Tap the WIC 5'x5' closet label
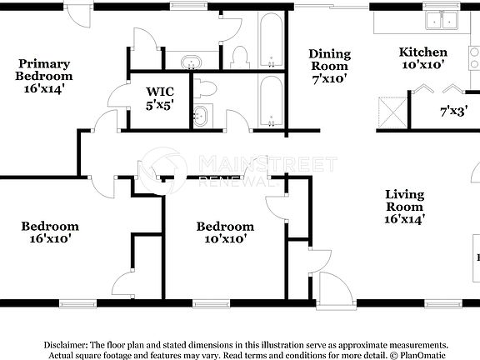159,98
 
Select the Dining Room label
329,66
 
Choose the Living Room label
404,207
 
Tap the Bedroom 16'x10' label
50,232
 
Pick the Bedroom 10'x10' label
225,232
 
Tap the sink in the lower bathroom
202,117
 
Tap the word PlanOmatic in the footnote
424,355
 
